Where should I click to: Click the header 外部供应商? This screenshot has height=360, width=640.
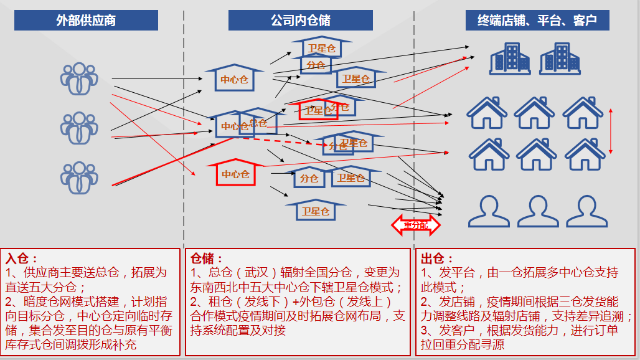tap(86, 21)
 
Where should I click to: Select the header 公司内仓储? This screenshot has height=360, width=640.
tap(300, 21)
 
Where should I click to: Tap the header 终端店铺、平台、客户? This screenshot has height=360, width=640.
tap(537, 21)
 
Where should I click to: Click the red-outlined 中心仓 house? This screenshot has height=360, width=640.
tap(235, 173)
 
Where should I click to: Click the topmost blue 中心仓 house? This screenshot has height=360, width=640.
tap(234, 78)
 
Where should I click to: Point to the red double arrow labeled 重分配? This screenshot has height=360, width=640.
tap(415, 224)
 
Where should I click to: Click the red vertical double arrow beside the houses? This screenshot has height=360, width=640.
tap(611, 131)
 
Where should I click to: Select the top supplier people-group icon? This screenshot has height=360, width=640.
tap(79, 78)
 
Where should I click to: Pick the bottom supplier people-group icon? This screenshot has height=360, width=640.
tap(79, 177)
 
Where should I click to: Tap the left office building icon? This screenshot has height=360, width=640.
tap(510, 59)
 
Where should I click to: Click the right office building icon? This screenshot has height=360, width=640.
tap(560, 59)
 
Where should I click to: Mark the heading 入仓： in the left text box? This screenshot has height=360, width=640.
tap(22, 258)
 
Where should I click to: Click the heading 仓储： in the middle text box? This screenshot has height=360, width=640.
tap(205, 258)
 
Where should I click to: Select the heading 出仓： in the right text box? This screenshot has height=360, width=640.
tap(437, 258)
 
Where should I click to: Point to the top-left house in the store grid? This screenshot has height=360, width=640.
tap(487, 112)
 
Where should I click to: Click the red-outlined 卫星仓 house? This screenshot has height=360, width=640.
tap(317, 110)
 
